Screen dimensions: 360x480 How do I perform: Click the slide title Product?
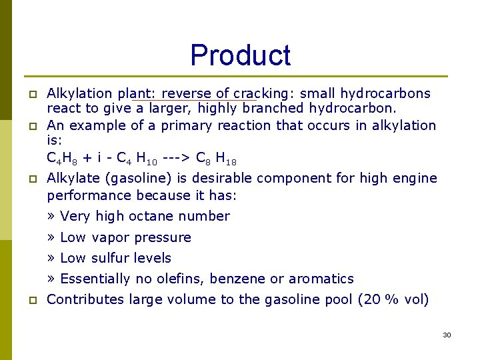240,55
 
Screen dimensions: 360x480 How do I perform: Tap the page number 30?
447,335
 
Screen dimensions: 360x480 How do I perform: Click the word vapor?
111,237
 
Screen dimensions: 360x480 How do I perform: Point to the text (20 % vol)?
394,299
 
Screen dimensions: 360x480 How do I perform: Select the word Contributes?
85,299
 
